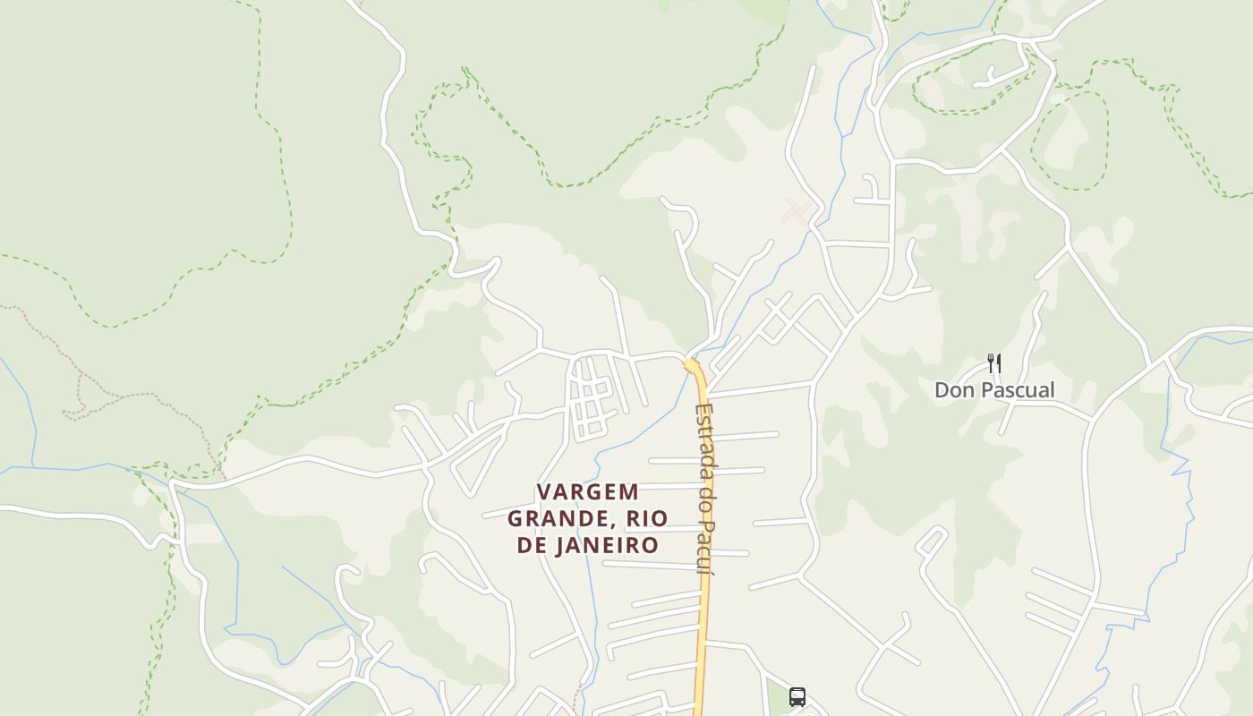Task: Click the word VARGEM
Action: [587, 492]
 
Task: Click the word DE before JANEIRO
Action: [533, 546]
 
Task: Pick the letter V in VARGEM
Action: [542, 492]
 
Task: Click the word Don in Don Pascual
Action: [953, 390]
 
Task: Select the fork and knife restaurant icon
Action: [993, 362]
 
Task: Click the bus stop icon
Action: [797, 696]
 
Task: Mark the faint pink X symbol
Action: [796, 212]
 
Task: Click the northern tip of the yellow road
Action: [691, 362]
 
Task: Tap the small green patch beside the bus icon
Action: [775, 698]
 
